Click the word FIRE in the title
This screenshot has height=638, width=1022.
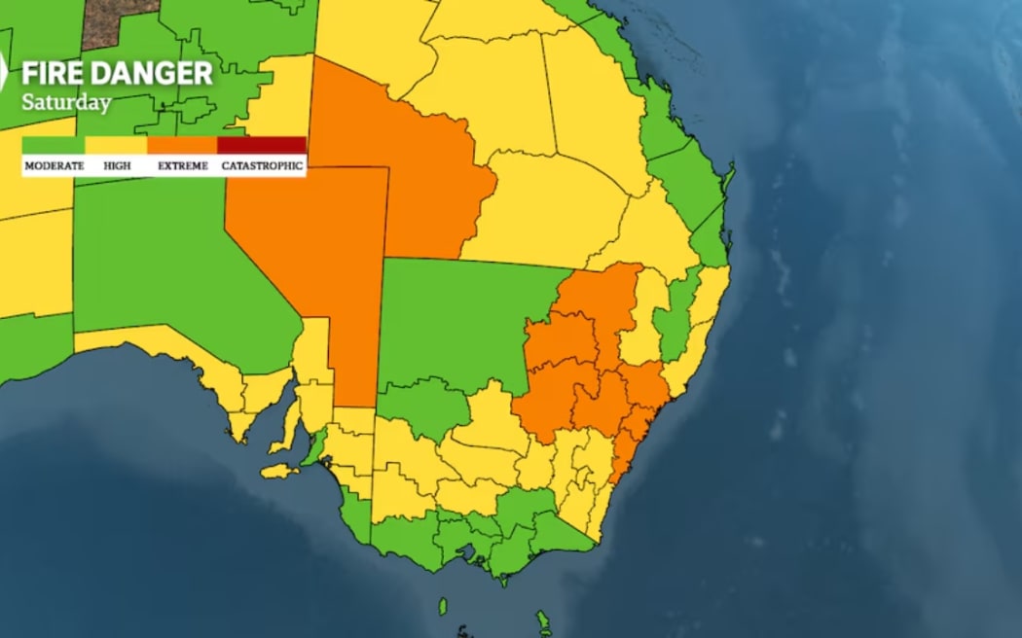click(x=54, y=74)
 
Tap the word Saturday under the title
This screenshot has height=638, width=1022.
click(x=66, y=102)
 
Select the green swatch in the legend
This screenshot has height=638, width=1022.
click(x=54, y=146)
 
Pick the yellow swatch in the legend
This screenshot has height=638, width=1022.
click(x=116, y=146)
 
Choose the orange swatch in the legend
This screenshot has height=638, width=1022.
click(x=182, y=146)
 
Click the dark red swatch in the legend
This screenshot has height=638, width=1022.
click(x=261, y=146)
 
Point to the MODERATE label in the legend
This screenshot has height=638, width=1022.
click(x=54, y=166)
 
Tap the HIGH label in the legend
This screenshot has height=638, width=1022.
click(x=117, y=166)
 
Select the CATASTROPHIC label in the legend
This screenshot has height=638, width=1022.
click(x=262, y=166)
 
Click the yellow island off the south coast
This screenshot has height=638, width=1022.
click(x=279, y=472)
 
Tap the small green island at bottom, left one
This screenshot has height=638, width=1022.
click(x=443, y=607)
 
